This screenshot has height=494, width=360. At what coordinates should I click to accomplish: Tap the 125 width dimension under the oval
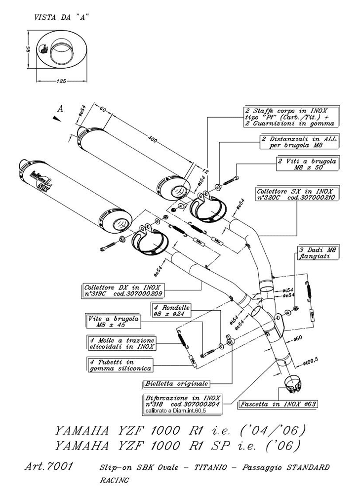tap(61, 80)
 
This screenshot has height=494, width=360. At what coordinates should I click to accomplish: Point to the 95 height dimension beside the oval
tap(29, 49)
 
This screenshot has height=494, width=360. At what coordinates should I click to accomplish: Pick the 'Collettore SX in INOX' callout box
tap(296, 194)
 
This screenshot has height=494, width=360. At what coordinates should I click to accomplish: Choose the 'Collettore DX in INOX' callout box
tap(123, 289)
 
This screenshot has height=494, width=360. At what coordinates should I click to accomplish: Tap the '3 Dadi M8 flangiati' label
tap(317, 253)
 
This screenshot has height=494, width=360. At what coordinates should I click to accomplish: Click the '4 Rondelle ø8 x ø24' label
tap(172, 310)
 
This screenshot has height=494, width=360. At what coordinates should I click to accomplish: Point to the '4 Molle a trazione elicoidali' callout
tap(121, 343)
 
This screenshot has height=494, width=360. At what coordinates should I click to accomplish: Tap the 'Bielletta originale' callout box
tap(176, 383)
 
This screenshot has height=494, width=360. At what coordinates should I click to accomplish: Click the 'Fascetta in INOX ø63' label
tap(278, 404)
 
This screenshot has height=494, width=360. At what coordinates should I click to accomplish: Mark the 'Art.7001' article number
tap(49, 466)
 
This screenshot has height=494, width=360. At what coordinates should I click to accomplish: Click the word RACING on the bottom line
tap(115, 480)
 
